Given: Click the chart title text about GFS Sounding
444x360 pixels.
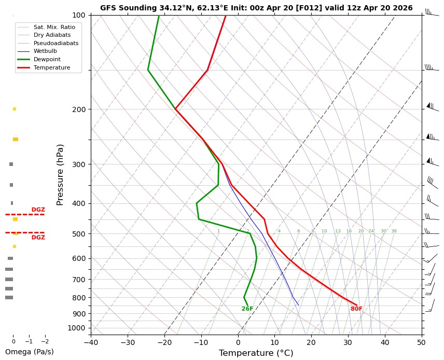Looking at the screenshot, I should [256, 8].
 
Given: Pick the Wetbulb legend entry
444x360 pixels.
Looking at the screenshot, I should [45, 51].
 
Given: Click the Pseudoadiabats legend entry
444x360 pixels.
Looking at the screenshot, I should [56, 43].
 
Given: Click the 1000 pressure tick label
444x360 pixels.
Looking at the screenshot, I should [76, 328].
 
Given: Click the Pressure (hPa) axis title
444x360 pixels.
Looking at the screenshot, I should [60, 175].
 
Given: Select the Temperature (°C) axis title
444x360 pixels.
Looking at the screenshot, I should [256, 353].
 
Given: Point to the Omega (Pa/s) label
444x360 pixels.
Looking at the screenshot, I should [29, 352].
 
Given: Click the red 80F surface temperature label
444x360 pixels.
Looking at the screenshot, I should [356, 309].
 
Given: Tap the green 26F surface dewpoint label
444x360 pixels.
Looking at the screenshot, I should [247, 309].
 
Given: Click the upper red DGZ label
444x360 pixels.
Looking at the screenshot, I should [38, 210].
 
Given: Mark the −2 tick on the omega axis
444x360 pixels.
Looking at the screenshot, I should [45, 342].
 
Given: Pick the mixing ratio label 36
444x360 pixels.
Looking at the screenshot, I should [394, 231].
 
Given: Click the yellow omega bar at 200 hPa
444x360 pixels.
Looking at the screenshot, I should [15, 109].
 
